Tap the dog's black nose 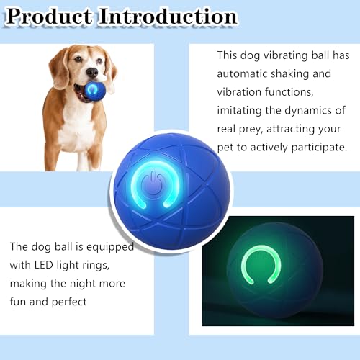pos(91,73)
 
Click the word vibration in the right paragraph pos(243,92)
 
